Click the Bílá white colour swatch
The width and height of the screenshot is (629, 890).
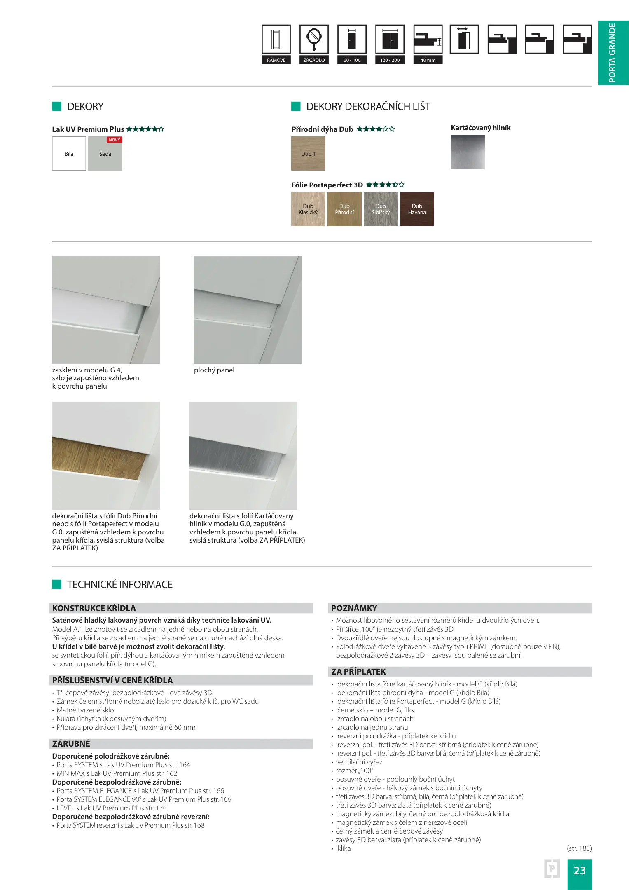coord(69,153)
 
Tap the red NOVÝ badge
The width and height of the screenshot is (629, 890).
coord(114,140)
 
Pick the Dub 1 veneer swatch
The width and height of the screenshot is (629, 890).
coord(308,153)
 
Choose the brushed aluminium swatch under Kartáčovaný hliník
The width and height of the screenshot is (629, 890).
coord(468,152)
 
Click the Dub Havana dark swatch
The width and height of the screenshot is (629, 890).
coord(417,209)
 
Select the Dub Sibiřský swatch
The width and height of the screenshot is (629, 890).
coord(381,209)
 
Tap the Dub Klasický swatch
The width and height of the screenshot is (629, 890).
coord(308,209)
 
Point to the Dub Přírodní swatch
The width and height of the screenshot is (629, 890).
coord(344,209)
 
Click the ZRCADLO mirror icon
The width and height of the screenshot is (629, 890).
coord(314,39)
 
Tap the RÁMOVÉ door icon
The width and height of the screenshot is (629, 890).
coord(276,39)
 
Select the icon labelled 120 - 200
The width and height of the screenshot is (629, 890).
coord(390,39)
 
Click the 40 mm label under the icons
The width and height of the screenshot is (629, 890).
coord(428,60)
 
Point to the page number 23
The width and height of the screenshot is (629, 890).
coord(579,870)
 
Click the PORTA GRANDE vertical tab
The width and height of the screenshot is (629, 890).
coord(613,53)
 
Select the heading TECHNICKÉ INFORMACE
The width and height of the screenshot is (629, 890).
coord(120,584)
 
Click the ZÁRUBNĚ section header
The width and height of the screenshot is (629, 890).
coord(71,744)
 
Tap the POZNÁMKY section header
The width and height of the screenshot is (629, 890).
coord(354,608)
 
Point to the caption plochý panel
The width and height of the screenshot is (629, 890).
coord(214,370)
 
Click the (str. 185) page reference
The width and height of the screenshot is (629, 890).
coord(579,848)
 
